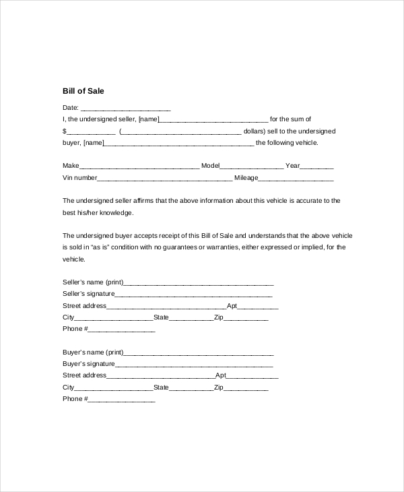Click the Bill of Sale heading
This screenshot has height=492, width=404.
point(83,90)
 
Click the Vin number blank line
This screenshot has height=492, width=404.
point(165,179)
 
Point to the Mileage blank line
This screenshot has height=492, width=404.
point(296,179)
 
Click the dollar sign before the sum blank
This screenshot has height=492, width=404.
point(65,131)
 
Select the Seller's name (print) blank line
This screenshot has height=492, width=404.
point(199,283)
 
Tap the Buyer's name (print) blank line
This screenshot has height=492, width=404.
point(199,353)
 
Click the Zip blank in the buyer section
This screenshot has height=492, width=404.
point(246,389)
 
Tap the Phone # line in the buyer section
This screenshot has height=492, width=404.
point(121,400)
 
